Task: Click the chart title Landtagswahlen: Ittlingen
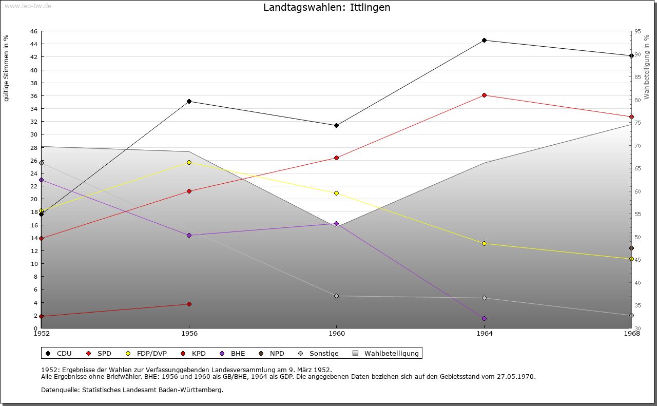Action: click(x=326, y=8)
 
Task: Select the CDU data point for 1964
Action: click(x=484, y=40)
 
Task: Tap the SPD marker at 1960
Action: click(x=336, y=158)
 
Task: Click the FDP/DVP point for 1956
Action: click(x=189, y=162)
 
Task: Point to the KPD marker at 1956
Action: click(x=189, y=304)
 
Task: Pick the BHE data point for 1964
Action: click(x=484, y=318)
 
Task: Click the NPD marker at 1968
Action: click(x=631, y=248)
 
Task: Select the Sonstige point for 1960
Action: click(x=336, y=296)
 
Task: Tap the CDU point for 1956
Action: click(x=189, y=101)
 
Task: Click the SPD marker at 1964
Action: click(x=484, y=95)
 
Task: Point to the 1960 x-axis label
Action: click(x=336, y=334)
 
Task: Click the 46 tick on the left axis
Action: click(x=33, y=31)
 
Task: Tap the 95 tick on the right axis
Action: click(x=637, y=31)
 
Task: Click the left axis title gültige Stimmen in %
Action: click(x=7, y=68)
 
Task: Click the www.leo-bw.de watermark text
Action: click(x=27, y=5)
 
